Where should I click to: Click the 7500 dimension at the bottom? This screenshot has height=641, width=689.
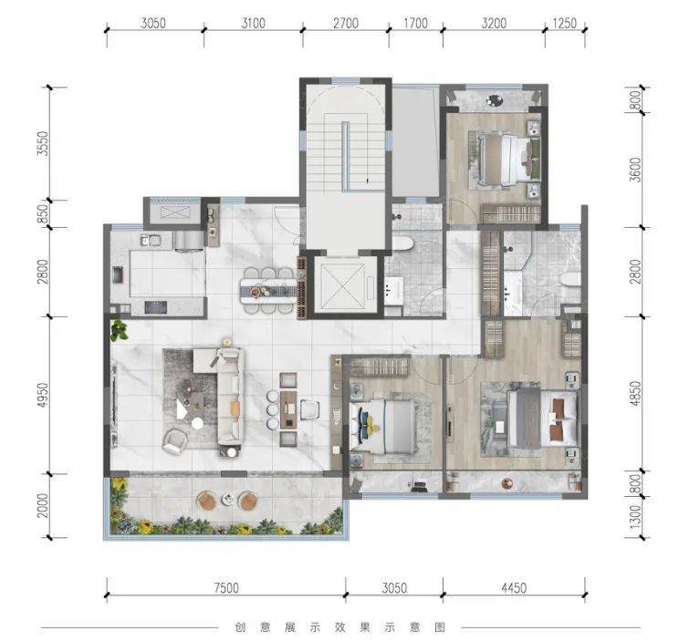pos(226,587)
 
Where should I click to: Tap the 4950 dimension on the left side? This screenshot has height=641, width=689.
pos(43,395)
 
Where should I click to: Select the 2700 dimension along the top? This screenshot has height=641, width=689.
pos(346,23)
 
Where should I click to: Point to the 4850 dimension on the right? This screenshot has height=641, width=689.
pos(635,393)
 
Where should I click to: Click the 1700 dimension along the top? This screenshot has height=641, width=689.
pos(416,23)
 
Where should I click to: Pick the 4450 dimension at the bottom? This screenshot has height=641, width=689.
pos(514,587)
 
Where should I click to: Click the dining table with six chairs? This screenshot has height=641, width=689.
pos(267,290)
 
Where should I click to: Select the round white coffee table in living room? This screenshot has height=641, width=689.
pos(198,423)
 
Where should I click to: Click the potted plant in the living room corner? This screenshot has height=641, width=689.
pos(119,330)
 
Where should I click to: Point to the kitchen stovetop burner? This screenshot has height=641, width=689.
pos(155,307)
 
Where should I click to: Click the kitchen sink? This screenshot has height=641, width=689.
pos(150,240)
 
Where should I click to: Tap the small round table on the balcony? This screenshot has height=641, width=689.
pos(228,499)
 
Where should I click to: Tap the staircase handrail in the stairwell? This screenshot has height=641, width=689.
pos(346,156)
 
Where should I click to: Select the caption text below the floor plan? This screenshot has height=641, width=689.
pos(339,626)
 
